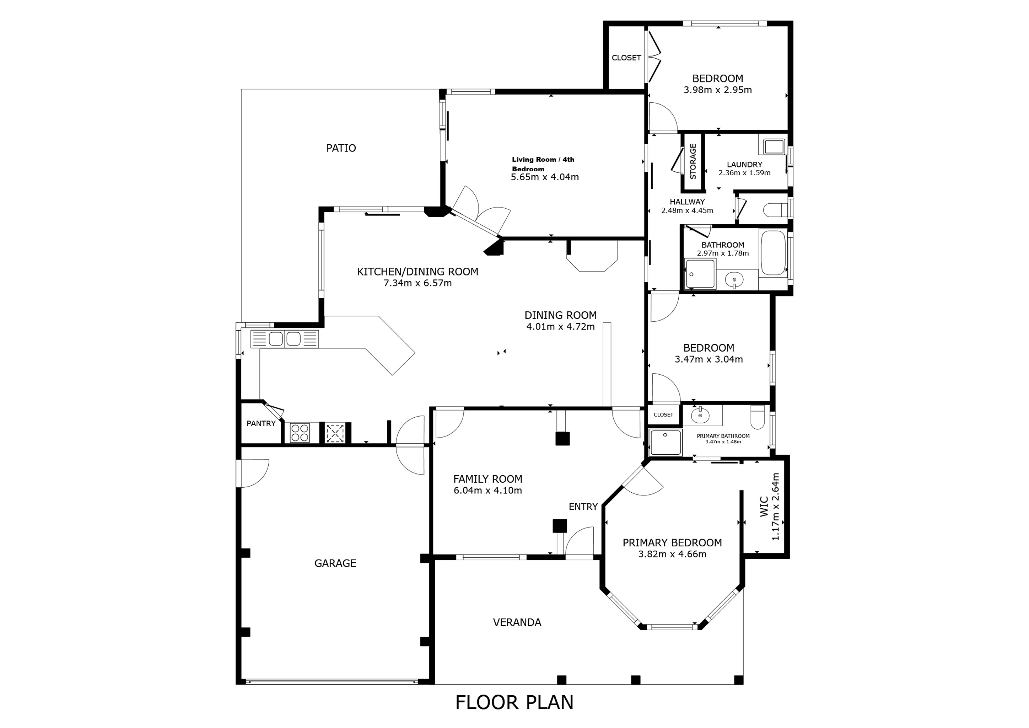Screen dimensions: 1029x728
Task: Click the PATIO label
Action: (341, 148)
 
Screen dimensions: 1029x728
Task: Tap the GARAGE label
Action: (335, 563)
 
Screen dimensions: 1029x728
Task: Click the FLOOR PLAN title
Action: (514, 702)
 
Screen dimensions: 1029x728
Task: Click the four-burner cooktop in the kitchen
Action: (300, 433)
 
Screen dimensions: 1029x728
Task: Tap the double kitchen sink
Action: (285, 339)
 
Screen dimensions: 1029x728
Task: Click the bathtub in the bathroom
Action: (774, 253)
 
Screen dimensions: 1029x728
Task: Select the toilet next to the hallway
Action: (776, 210)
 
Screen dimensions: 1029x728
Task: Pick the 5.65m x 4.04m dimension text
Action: (545, 177)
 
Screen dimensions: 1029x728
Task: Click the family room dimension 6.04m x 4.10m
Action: (487, 491)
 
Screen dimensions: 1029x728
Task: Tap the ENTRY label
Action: (583, 507)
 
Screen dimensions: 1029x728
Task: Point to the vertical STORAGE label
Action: (693, 161)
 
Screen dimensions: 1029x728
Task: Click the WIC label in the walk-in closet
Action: (765, 507)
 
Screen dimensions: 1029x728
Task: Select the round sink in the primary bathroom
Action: (700, 416)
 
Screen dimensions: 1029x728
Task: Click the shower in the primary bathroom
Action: (666, 442)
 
